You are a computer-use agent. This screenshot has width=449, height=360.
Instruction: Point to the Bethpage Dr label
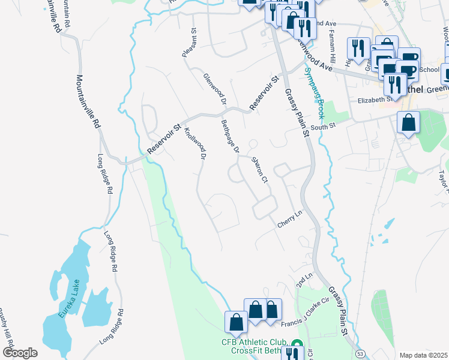(231, 136)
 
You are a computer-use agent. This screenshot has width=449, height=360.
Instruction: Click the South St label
(322, 126)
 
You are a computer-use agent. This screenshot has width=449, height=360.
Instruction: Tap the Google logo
(20, 353)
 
